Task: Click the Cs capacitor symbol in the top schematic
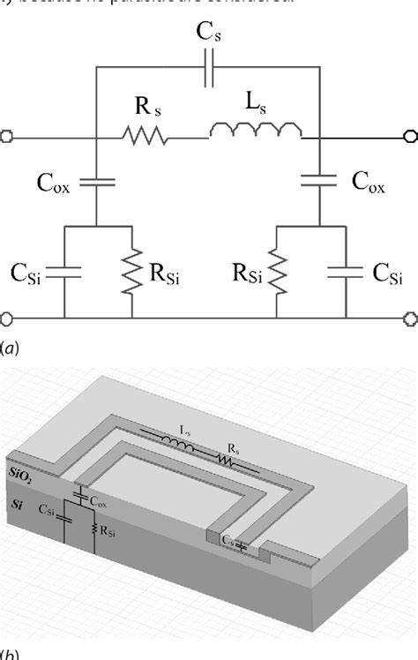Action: click(209, 74)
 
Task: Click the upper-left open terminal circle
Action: click(7, 137)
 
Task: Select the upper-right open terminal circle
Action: click(409, 137)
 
